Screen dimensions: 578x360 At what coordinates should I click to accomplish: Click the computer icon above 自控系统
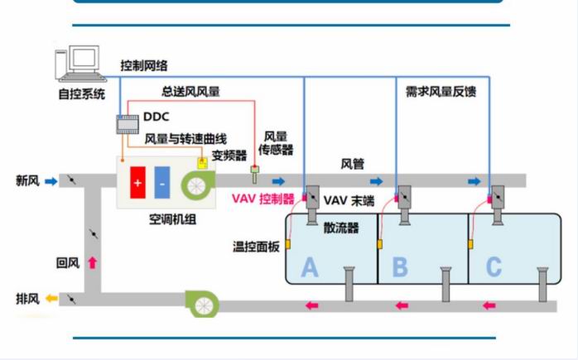click(x=80, y=64)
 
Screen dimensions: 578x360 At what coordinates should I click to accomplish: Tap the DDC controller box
click(x=128, y=124)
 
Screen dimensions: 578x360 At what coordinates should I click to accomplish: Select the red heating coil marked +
click(x=137, y=182)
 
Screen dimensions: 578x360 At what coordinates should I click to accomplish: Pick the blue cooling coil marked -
click(x=162, y=182)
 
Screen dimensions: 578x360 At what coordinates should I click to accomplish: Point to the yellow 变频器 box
click(x=202, y=163)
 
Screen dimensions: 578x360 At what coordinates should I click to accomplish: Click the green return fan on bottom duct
click(x=202, y=304)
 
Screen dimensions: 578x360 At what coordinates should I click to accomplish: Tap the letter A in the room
click(x=309, y=267)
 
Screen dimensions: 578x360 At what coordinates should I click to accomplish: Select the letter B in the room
click(x=400, y=267)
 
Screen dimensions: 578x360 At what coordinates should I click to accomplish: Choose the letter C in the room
click(x=494, y=267)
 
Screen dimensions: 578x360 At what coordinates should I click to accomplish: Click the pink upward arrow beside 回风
click(x=92, y=262)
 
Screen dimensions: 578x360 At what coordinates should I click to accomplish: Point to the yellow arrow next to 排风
click(x=51, y=298)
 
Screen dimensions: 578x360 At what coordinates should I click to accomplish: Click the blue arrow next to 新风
click(x=51, y=181)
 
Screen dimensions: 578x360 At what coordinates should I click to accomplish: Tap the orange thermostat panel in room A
click(x=288, y=244)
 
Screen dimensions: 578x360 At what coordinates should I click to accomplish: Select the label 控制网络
click(x=144, y=65)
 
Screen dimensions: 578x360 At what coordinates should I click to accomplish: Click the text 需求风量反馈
click(x=441, y=91)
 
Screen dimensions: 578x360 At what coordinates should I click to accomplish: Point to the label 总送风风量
click(x=190, y=91)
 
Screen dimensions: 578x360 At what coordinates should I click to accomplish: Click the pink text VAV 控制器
click(x=263, y=199)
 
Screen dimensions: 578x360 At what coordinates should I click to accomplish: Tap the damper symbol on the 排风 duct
click(x=72, y=299)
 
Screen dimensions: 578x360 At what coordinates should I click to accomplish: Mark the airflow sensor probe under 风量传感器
click(x=254, y=175)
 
